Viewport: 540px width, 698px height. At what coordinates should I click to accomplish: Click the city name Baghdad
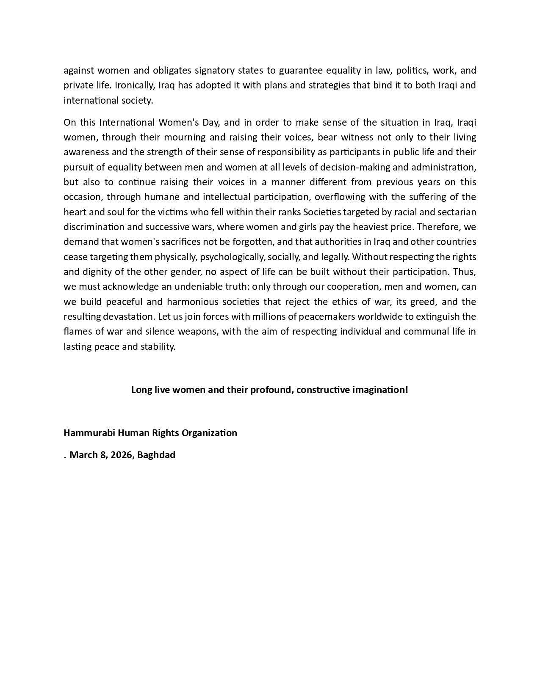click(156, 455)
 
